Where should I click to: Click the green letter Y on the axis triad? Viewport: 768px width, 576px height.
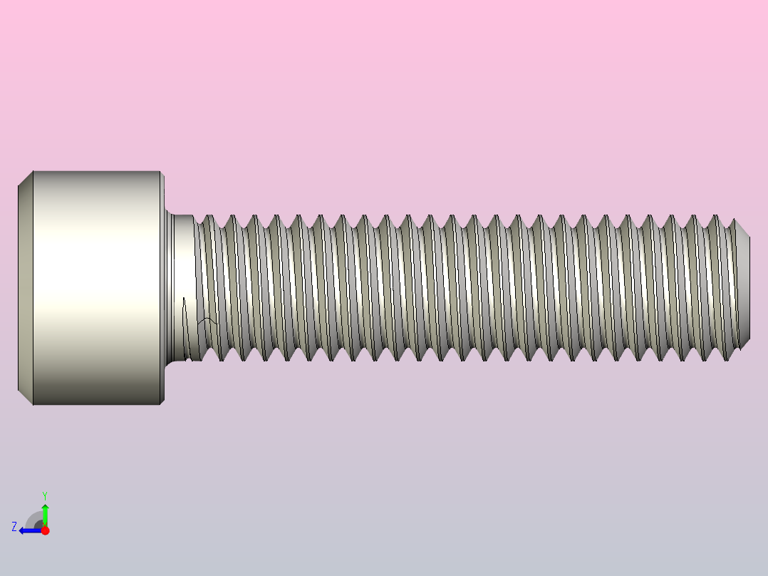pos(44,495)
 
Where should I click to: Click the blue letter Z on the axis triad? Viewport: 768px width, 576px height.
pos(14,527)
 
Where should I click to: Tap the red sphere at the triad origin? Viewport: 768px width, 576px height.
pos(45,530)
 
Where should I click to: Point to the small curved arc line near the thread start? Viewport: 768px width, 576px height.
pos(207,322)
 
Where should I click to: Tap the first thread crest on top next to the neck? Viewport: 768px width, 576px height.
pos(208,217)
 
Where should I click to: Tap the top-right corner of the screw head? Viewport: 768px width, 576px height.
pos(161,172)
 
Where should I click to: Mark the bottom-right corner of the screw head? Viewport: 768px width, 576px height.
pos(161,404)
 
